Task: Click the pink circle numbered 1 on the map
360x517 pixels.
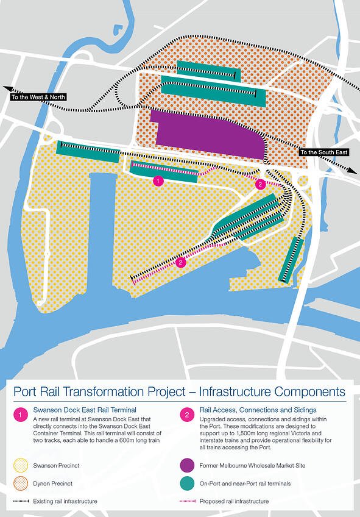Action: (158, 180)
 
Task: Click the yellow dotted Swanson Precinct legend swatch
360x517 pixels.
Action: (21, 466)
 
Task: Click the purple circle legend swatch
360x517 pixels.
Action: (186, 466)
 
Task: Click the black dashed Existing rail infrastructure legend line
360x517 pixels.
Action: (21, 501)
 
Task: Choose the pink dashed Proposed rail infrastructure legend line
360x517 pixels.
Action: (186, 501)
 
